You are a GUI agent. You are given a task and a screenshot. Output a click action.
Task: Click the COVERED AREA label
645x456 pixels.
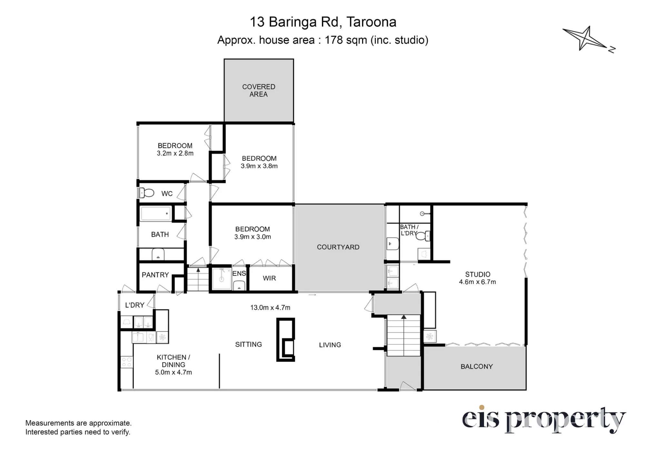click(x=259, y=90)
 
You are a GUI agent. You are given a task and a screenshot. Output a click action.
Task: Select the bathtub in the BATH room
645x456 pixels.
click(x=155, y=214)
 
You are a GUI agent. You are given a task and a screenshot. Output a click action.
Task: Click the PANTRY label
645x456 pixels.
click(x=155, y=275)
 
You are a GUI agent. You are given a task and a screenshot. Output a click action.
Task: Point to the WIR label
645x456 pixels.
click(x=269, y=278)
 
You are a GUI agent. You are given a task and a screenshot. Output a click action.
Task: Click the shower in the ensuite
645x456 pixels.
click(x=222, y=279)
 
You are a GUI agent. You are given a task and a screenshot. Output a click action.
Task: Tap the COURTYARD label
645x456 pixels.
click(x=338, y=247)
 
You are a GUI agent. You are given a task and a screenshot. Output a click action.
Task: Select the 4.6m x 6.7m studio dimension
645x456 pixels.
click(x=477, y=282)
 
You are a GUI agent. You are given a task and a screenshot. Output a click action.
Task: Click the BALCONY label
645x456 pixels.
click(x=477, y=366)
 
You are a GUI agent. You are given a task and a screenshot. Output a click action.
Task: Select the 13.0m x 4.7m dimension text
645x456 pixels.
click(x=270, y=308)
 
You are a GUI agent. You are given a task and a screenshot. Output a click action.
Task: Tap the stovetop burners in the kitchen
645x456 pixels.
click(x=127, y=362)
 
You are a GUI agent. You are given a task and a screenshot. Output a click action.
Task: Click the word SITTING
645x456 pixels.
click(x=248, y=344)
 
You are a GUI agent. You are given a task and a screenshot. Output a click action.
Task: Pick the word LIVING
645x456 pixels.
click(x=330, y=345)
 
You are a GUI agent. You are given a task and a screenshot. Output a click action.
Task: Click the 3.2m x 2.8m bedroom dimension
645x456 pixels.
click(x=175, y=153)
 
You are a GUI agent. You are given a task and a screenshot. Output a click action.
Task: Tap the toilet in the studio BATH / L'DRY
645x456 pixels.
click(x=423, y=236)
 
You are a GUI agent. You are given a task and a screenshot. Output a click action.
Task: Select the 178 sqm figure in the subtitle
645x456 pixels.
click(x=346, y=40)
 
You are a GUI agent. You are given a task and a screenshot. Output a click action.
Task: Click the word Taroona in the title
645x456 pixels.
click(x=371, y=22)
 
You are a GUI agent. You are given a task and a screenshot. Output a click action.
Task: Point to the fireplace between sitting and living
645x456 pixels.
click(x=285, y=340)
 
